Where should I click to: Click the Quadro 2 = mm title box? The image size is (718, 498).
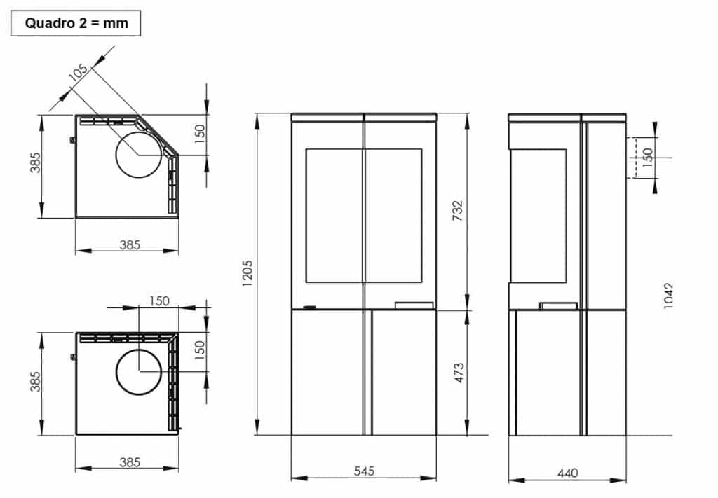tap(76, 23)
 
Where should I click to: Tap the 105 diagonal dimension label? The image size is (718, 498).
tap(78, 72)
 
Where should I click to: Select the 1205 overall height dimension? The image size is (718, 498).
tap(247, 273)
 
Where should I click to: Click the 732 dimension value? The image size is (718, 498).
tap(457, 210)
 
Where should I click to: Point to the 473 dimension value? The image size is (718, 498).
tap(459, 373)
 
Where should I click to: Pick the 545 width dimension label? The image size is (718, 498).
tap(364, 471)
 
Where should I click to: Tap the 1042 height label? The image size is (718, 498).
tap(668, 296)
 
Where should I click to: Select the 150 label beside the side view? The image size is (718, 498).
tap(647, 158)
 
